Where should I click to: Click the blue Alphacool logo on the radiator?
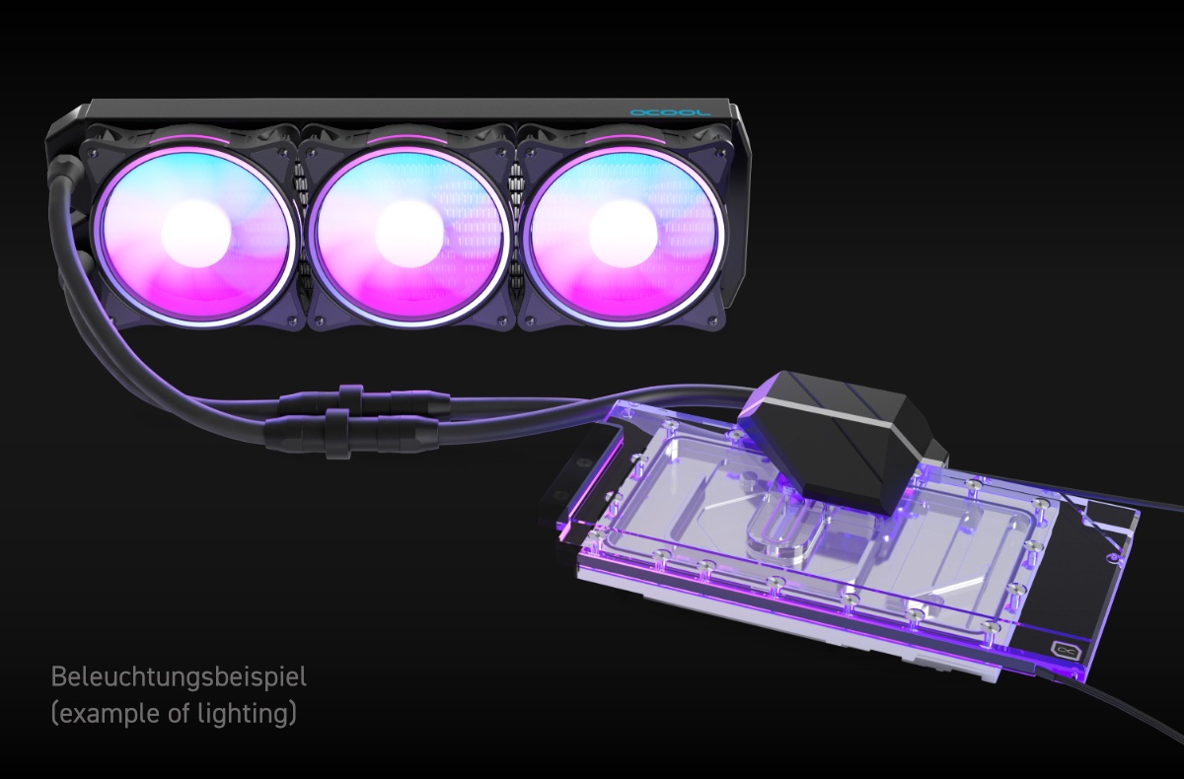pyautogui.click(x=669, y=112)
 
